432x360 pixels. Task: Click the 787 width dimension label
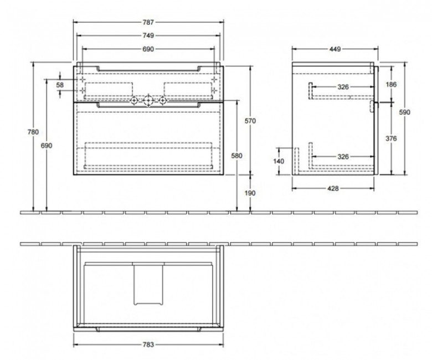click(x=148, y=22)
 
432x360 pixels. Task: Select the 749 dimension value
click(x=148, y=35)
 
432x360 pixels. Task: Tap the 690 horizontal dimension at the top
click(x=148, y=49)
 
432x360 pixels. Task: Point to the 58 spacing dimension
click(x=60, y=85)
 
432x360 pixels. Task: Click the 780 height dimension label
click(x=33, y=132)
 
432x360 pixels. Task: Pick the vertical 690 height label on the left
click(x=47, y=146)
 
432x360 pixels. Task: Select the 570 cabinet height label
click(x=250, y=121)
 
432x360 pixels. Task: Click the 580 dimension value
click(x=236, y=156)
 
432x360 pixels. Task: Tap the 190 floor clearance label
click(x=250, y=193)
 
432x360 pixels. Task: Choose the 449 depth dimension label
click(x=335, y=49)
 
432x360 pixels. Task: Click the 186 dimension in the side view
click(x=391, y=85)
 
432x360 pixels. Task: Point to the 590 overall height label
click(x=404, y=112)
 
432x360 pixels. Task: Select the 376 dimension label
click(x=391, y=138)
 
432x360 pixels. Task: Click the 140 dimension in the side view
click(x=279, y=161)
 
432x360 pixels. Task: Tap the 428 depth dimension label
click(x=333, y=189)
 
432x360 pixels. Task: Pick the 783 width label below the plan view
click(x=148, y=344)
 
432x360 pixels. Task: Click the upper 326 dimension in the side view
click(x=343, y=88)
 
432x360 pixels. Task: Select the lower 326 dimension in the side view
click(x=343, y=157)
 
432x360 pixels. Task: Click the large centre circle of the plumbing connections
click(x=148, y=101)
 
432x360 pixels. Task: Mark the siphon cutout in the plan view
click(x=148, y=304)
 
